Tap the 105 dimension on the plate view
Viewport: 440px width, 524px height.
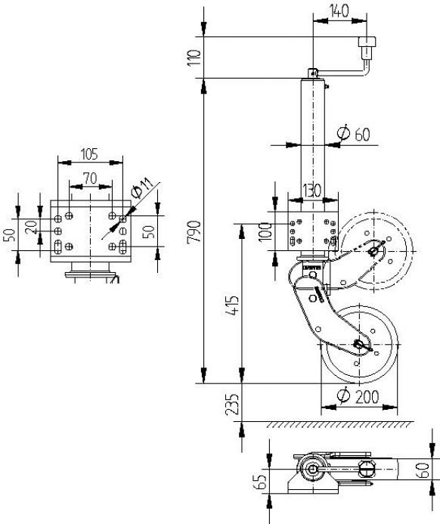tap(89, 155)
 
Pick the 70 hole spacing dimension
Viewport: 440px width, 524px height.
tap(89, 178)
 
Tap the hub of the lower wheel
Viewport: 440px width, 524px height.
tap(361, 345)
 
